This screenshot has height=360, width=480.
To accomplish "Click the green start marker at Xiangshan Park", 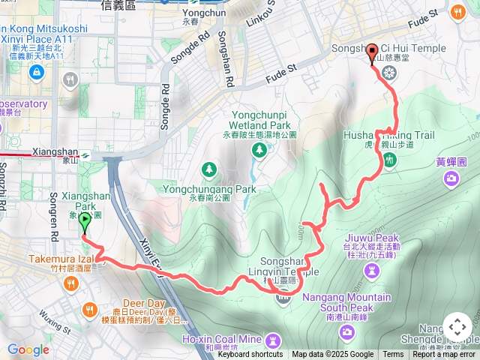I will point(84,222).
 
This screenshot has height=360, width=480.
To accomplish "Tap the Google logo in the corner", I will point(28,349).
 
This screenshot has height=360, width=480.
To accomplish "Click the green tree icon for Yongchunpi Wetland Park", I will point(259,150).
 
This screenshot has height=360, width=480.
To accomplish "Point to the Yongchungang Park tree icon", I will point(211,167).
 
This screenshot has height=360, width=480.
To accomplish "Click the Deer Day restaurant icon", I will point(90,309).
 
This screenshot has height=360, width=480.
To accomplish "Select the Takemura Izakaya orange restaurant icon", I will point(71,283).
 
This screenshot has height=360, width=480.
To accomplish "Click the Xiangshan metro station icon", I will point(88,155).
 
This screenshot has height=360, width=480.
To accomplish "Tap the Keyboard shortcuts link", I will point(250,355).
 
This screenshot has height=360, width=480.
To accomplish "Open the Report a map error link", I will point(444,355).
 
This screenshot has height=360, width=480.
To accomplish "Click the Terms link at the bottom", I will point(393,355).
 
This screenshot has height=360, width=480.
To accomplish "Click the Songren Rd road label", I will point(53,202).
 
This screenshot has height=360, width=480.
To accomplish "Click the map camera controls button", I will point(457,327).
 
